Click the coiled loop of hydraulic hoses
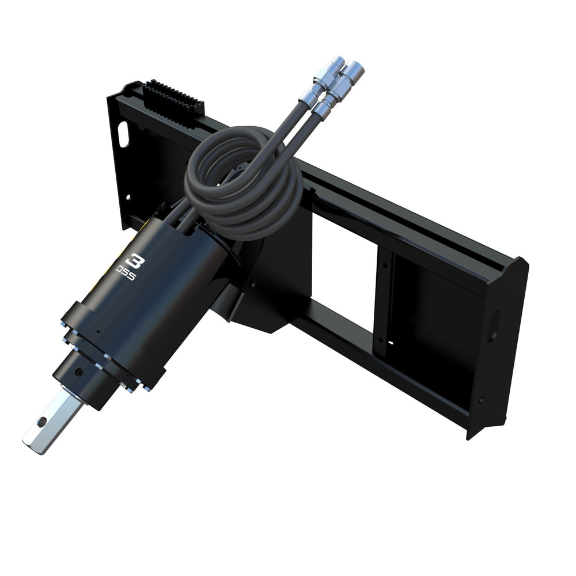pos(242,184)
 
